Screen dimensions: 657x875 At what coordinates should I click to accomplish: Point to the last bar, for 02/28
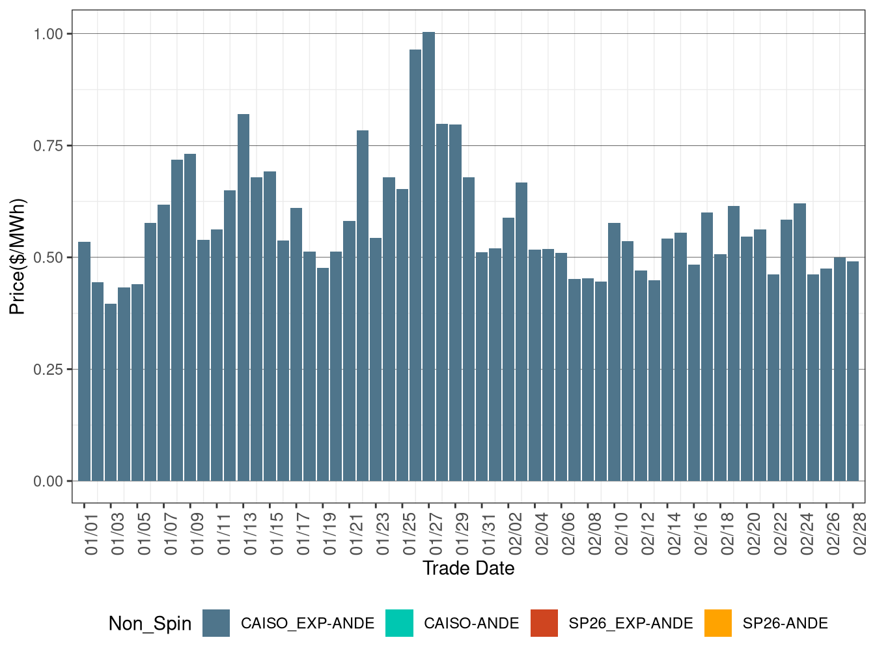click(853, 371)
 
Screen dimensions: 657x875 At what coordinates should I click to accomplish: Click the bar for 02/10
click(614, 352)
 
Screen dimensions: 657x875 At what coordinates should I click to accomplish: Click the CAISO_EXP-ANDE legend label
click(307, 623)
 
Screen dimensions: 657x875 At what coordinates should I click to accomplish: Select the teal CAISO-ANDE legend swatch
click(399, 623)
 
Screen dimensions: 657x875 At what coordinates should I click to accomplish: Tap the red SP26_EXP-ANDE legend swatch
click(544, 623)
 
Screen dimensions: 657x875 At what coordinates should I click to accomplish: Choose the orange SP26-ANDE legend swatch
click(718, 623)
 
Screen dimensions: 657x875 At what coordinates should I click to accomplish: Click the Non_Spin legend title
click(150, 624)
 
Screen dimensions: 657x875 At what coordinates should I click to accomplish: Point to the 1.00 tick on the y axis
click(48, 34)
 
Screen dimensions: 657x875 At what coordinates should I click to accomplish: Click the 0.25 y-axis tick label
click(48, 370)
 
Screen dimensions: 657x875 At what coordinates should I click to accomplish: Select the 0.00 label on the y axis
click(48, 482)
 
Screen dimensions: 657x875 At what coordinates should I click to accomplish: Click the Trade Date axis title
click(468, 568)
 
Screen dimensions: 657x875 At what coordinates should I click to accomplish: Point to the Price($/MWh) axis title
click(18, 256)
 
